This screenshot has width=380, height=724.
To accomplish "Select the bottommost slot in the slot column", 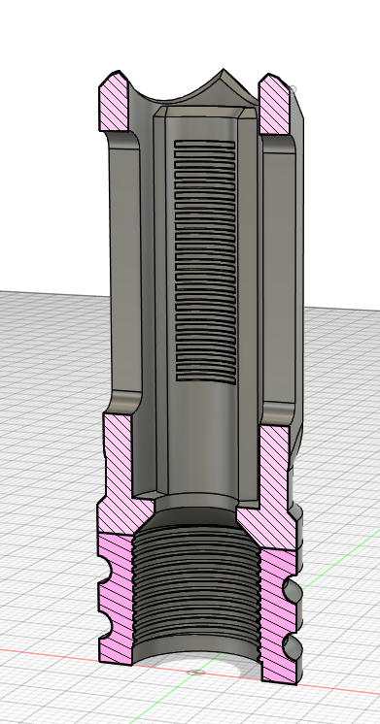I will tap(203, 373).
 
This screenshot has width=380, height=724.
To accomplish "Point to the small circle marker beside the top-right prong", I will tap(294, 90).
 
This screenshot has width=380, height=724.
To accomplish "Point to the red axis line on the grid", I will tap(49, 652).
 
